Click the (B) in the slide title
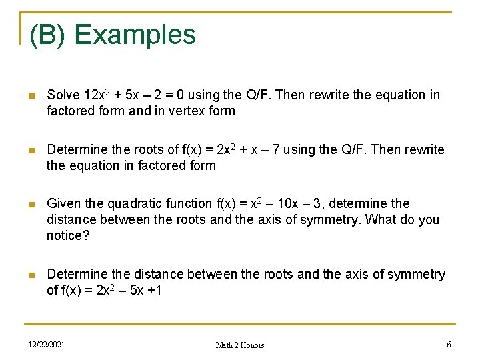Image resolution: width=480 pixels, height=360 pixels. tap(47, 35)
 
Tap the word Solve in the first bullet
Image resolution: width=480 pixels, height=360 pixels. tap(64, 95)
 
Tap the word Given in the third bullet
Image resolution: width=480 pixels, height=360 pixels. tap(63, 203)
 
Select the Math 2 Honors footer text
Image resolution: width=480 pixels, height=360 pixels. tap(240, 345)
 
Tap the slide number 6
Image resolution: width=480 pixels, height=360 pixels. tap(449, 344)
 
